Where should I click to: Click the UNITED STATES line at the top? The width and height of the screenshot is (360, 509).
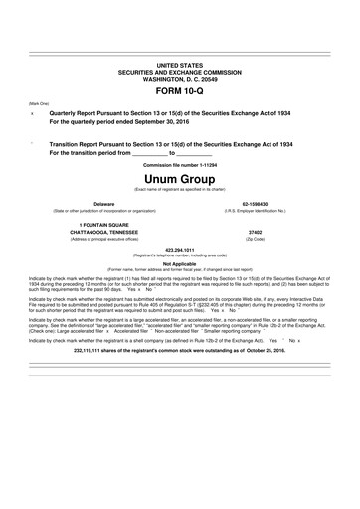pyautogui.click(x=179, y=64)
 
